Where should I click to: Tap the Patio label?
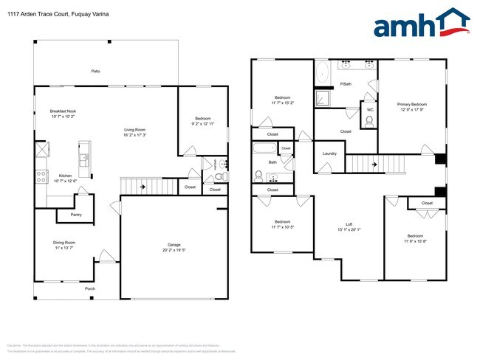95,71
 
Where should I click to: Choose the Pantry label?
76,215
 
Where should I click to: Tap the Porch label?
90,288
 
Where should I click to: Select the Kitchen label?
64,176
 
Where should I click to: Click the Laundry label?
329,153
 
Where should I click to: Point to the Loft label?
349,224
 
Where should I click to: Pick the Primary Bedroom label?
413,104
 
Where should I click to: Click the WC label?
370,110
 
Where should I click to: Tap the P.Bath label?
345,84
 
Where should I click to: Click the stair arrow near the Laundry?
374,164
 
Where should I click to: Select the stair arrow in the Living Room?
141,187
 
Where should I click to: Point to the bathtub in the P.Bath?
323,74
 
